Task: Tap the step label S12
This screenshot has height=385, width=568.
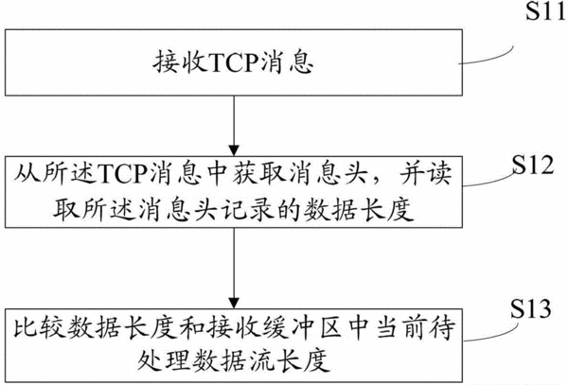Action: pyautogui.click(x=532, y=165)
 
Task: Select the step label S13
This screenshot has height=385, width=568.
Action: pyautogui.click(x=531, y=308)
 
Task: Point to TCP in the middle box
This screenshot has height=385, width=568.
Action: pyautogui.click(x=122, y=174)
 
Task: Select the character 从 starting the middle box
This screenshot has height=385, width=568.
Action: pyautogui.click(x=27, y=174)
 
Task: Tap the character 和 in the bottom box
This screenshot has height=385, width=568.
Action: pyautogui.click(x=192, y=327)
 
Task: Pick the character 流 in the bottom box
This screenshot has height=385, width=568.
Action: pyautogui.click(x=265, y=360)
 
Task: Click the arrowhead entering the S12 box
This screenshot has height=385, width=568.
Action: pyautogui.click(x=234, y=150)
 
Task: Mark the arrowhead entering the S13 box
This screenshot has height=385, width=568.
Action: pyautogui.click(x=234, y=304)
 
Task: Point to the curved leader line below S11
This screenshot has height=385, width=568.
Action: pyautogui.click(x=488, y=58)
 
